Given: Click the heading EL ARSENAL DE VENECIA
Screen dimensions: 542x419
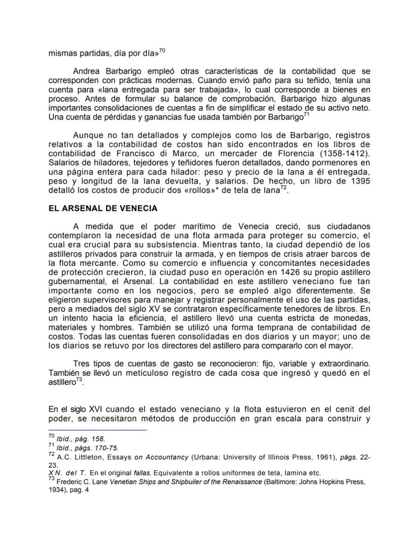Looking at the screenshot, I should point(103,208).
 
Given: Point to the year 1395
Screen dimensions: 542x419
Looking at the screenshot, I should point(359,182).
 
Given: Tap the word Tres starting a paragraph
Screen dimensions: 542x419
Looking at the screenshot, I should point(82,364).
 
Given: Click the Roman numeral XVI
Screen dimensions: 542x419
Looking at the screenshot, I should point(99,409).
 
